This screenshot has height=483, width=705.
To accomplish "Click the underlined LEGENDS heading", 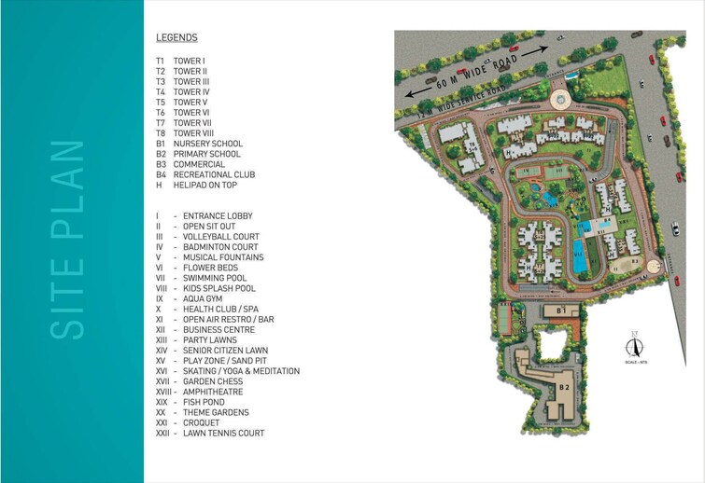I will point(176,38).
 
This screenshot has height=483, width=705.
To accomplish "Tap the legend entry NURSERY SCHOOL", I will point(207,144).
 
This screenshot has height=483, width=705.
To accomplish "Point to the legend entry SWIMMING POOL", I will point(215,278).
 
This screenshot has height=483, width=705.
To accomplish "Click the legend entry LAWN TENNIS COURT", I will point(223,433).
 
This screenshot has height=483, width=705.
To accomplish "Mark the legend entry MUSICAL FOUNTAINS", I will point(223,257).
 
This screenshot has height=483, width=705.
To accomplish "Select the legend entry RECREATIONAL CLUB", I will point(214,174).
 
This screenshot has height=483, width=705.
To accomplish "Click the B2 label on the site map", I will point(564,386).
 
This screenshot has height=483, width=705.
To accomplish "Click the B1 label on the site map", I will point(561,310).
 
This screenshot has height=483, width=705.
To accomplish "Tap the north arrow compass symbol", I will point(634,345).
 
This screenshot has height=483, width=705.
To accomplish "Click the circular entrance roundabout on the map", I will point(559,99).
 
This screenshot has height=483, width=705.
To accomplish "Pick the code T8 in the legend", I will point(161,133).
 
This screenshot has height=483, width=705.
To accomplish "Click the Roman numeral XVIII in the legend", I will point(164,392).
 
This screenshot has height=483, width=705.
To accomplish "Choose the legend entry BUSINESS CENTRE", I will point(219,330).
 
